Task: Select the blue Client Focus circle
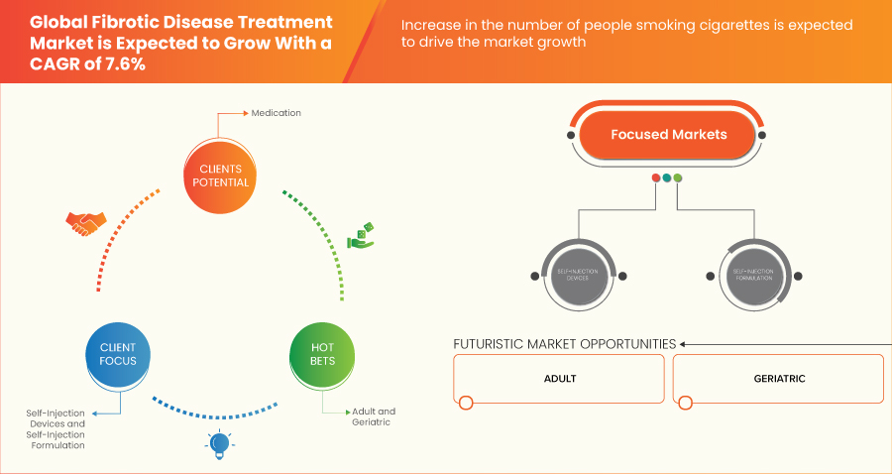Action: [x=117, y=354]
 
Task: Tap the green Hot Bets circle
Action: [x=322, y=354]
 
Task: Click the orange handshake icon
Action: [x=82, y=224]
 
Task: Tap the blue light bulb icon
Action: [x=218, y=443]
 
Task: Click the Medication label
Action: [x=276, y=113]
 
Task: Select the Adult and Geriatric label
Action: [x=373, y=416]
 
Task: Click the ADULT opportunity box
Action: [x=559, y=379]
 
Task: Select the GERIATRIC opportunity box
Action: [x=778, y=379]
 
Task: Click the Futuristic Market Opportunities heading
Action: [x=564, y=344]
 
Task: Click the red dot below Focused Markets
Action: [x=655, y=178]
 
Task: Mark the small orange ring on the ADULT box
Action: [x=466, y=403]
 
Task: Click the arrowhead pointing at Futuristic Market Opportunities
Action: [x=684, y=344]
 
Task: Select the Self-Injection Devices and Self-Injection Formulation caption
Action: [x=56, y=428]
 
